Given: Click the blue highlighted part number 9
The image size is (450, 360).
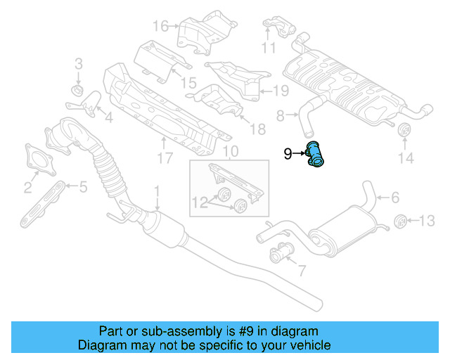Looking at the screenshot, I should pyautogui.click(x=315, y=155).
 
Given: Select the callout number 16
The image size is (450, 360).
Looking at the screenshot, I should pyautogui.click(x=161, y=27).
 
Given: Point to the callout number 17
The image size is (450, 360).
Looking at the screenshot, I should pyautogui.click(x=164, y=159).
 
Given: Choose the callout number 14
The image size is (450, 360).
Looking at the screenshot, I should pyautogui.click(x=406, y=159).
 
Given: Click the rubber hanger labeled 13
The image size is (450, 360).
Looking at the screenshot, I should pyautogui.click(x=399, y=221).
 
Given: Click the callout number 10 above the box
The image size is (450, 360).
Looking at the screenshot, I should pyautogui.click(x=231, y=152).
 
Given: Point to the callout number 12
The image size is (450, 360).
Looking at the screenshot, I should pyautogui.click(x=200, y=202).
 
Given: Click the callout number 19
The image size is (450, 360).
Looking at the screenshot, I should pyautogui.click(x=280, y=90).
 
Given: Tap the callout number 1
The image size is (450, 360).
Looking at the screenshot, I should pyautogui.click(x=157, y=191).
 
